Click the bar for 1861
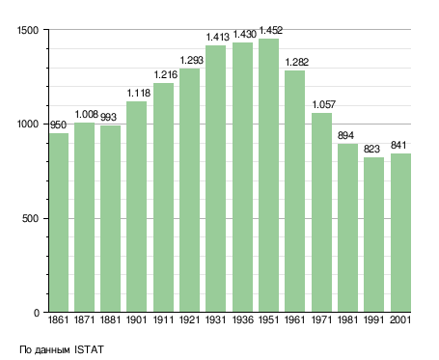click(59, 223)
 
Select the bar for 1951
click(268, 176)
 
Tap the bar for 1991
click(373, 235)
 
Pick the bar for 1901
click(136, 207)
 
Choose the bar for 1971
click(321, 212)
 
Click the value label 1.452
click(271, 30)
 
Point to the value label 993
click(108, 117)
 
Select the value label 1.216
click(166, 74)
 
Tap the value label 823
click(371, 149)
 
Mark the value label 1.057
click(324, 104)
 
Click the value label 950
click(58, 125)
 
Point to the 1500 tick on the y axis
click(28, 30)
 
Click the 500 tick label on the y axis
click(30, 218)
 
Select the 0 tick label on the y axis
click(37, 313)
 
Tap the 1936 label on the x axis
click(242, 319)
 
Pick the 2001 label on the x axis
click(400, 319)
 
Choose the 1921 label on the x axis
click(189, 319)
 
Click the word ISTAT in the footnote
click(89, 349)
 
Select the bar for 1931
click(215, 179)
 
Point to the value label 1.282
click(297, 62)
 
